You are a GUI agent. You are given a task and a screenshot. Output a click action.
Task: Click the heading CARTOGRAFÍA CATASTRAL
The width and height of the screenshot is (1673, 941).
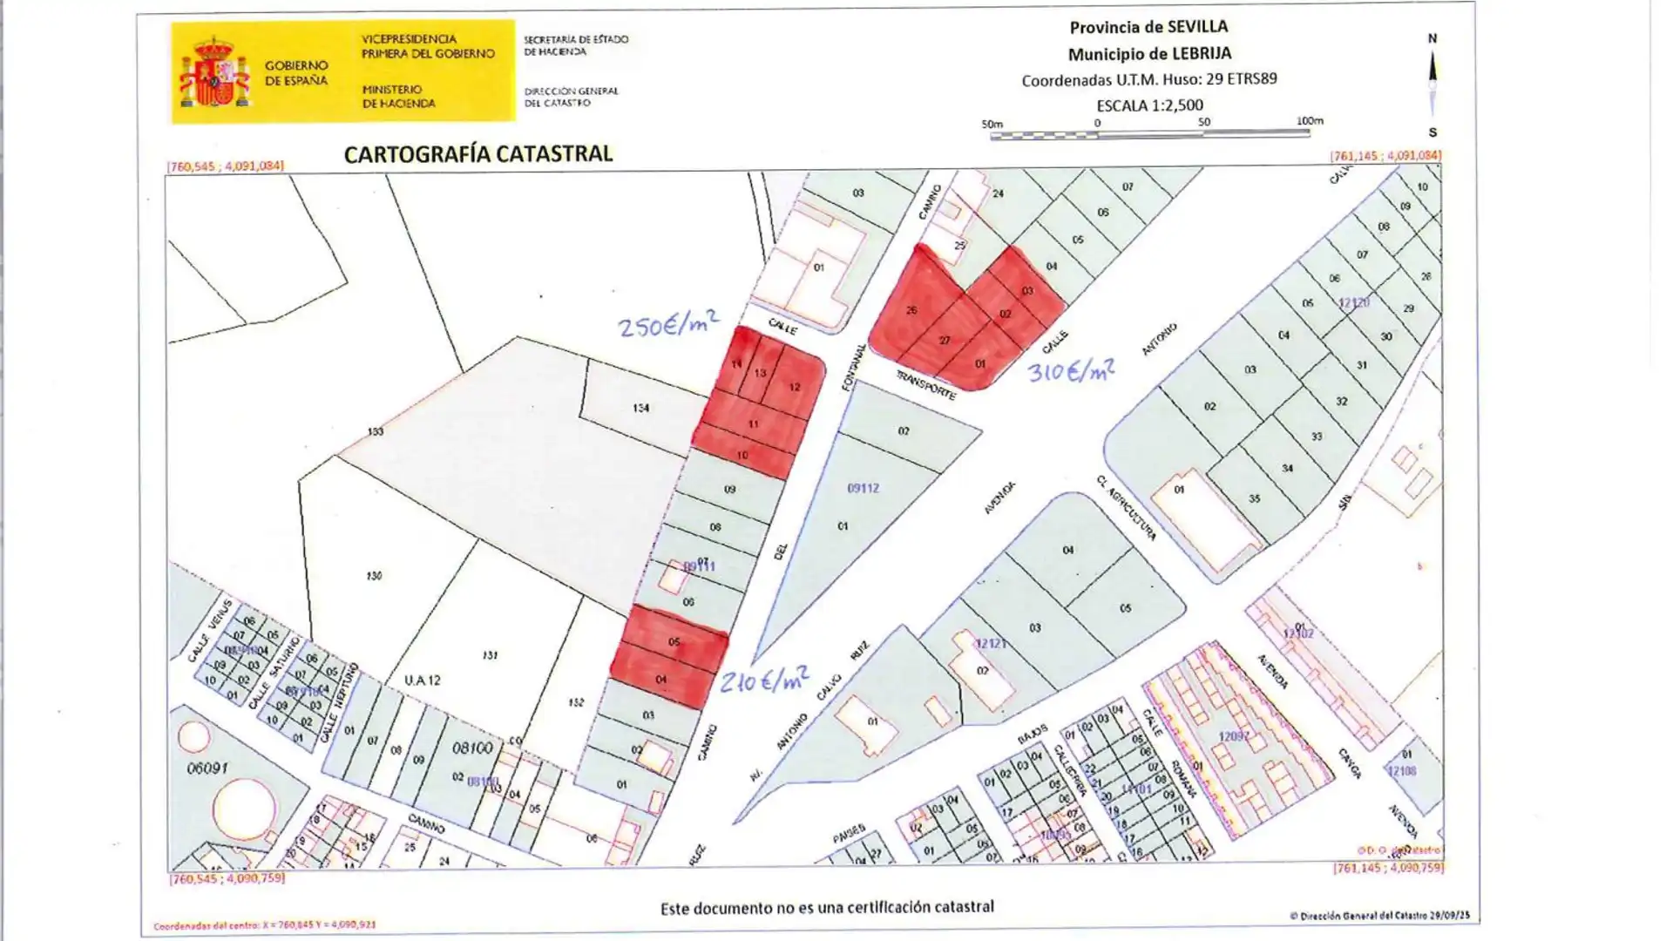(x=478, y=154)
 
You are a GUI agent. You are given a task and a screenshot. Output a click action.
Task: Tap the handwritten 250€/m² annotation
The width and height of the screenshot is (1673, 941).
(x=668, y=325)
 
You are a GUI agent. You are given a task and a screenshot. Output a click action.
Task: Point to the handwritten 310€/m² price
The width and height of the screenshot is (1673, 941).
(x=1071, y=372)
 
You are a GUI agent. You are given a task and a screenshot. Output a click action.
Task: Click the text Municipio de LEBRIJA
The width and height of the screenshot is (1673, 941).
(x=1149, y=54)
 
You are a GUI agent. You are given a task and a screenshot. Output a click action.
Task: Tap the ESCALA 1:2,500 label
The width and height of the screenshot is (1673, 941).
(x=1149, y=105)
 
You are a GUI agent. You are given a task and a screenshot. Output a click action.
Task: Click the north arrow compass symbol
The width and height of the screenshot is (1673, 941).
(x=1433, y=83)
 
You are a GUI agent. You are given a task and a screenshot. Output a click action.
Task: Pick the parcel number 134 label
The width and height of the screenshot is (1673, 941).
(x=641, y=408)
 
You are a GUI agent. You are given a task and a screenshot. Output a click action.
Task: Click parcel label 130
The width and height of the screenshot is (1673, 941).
(x=374, y=576)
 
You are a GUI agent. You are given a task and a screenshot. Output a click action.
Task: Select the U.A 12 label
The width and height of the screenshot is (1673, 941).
(x=423, y=680)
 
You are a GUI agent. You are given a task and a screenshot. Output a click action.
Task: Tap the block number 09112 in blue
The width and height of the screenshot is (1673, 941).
(x=863, y=489)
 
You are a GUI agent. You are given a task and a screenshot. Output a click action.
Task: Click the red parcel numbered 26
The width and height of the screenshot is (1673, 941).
(x=911, y=311)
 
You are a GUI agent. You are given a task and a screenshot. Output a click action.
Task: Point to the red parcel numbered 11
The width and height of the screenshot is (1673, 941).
(x=753, y=424)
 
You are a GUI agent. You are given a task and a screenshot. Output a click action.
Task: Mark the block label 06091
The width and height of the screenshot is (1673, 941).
(x=207, y=768)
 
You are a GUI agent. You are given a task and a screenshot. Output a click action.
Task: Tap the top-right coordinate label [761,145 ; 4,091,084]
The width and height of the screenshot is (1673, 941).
(x=1385, y=156)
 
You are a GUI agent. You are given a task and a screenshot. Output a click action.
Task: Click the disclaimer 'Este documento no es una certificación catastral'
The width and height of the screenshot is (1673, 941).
(x=826, y=908)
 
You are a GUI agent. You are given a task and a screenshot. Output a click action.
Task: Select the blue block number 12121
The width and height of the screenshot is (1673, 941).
(x=991, y=644)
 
